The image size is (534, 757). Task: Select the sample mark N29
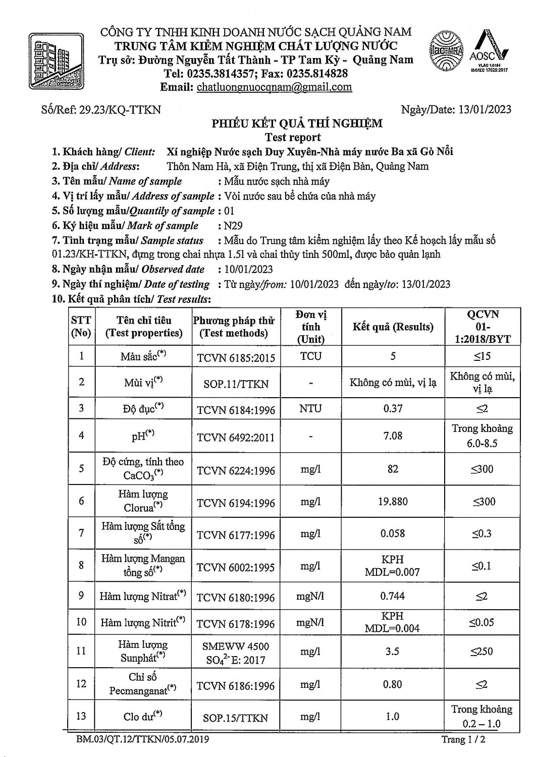(x=233, y=226)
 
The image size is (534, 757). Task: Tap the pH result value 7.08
(x=393, y=435)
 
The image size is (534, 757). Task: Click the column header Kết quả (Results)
(x=393, y=327)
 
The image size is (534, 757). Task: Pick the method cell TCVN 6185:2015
(x=236, y=358)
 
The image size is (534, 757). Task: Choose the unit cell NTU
(x=310, y=408)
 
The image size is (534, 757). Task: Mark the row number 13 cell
(x=81, y=716)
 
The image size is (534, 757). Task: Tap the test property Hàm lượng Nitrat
(x=143, y=596)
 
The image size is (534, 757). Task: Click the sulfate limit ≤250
(x=482, y=651)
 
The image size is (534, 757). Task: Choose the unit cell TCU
(x=310, y=356)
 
